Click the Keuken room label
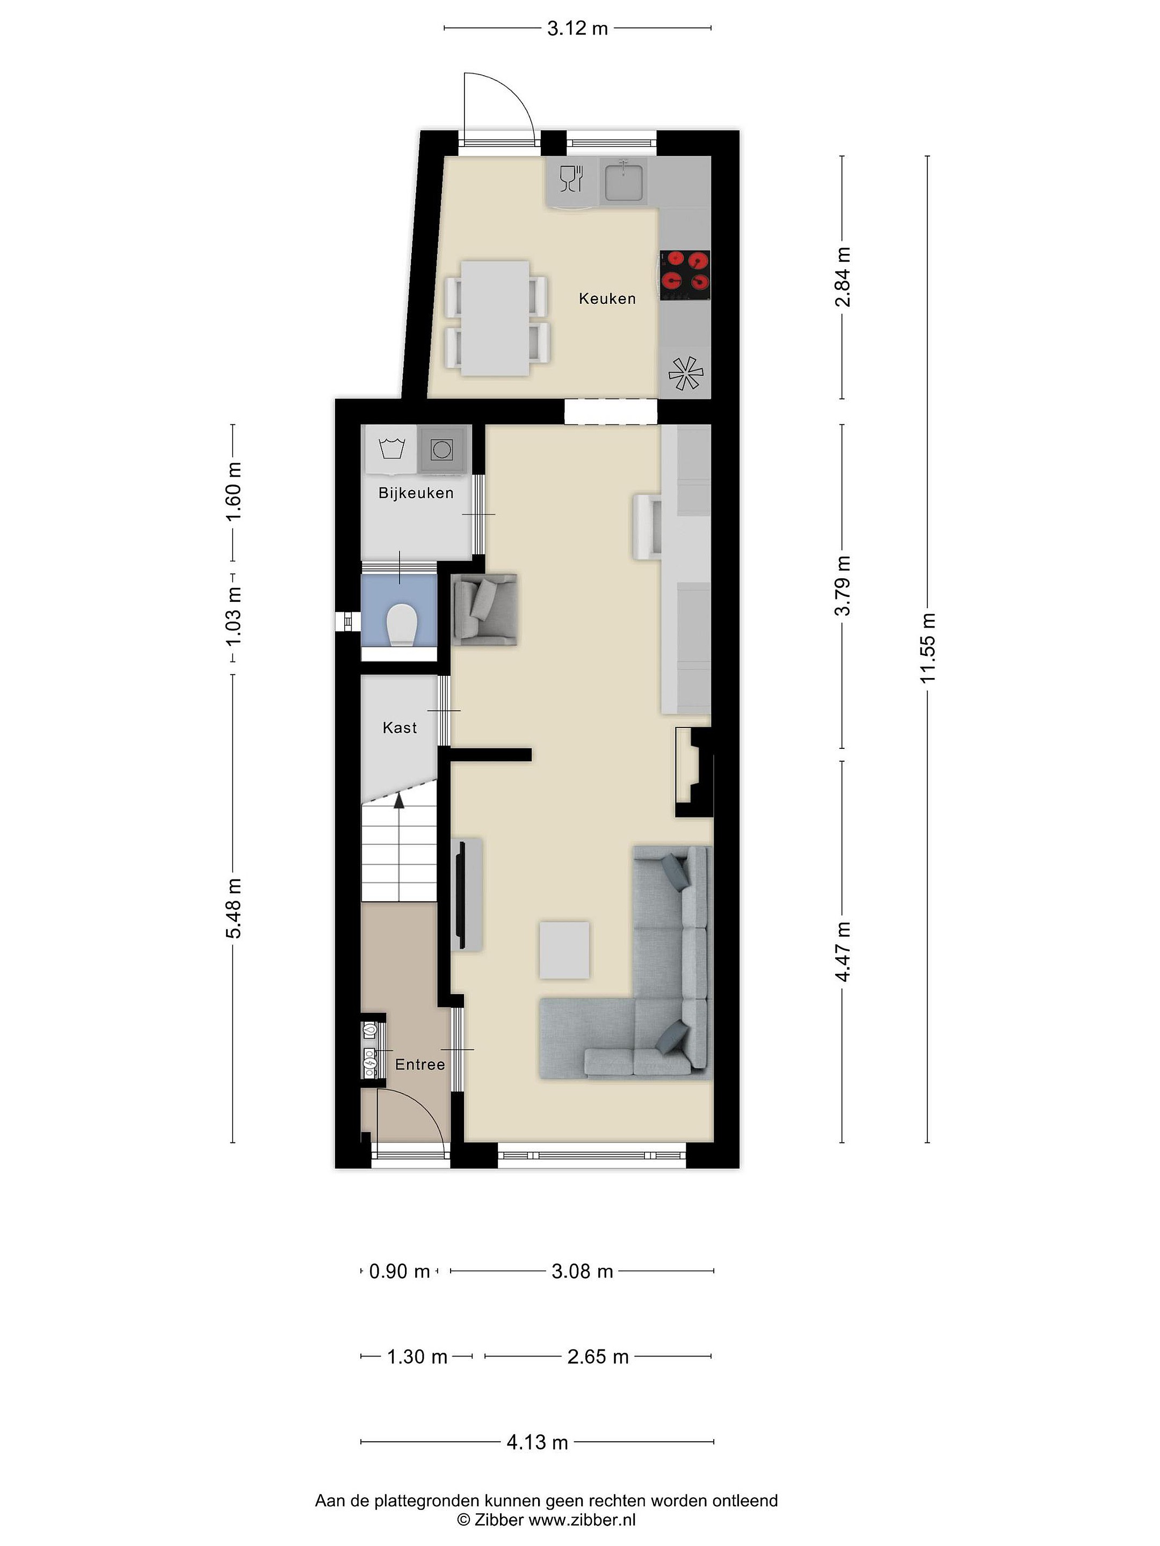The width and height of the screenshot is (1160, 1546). [x=607, y=298]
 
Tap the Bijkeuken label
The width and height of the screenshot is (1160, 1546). [x=416, y=493]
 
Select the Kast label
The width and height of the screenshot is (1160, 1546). [x=400, y=727]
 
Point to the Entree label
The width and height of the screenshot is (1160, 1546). [x=420, y=1064]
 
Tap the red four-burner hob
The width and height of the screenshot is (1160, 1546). [x=685, y=271]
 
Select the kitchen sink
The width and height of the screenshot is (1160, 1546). [x=623, y=180]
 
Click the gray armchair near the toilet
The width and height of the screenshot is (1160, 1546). [x=484, y=609]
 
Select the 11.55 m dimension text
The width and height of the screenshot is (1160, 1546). [x=928, y=648]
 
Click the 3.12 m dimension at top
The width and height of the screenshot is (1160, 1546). [x=577, y=28]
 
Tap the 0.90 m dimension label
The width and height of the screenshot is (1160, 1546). [x=399, y=1271]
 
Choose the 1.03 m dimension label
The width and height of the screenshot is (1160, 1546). [x=233, y=618]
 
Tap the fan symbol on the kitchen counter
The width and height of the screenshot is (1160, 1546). [x=685, y=373]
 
